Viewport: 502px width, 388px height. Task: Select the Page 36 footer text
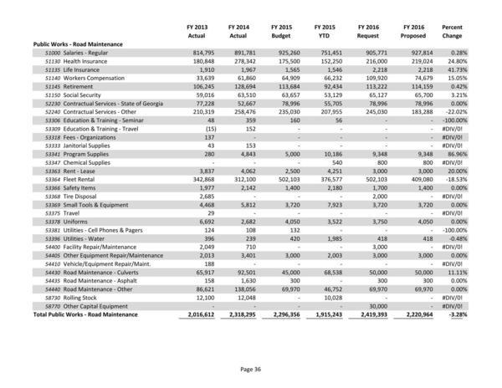click(x=251, y=369)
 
